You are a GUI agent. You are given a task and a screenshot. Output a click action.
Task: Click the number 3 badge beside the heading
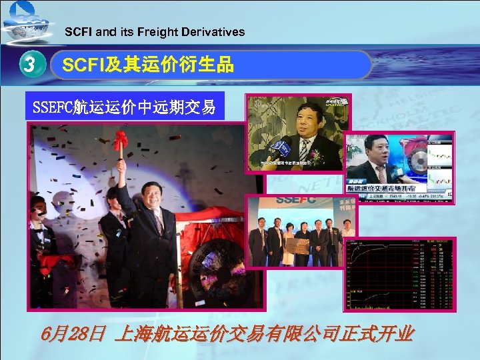pos(27,65)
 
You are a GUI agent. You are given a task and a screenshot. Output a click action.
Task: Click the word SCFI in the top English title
pos(79,31)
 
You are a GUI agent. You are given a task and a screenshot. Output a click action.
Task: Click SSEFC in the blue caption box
pos(53,106)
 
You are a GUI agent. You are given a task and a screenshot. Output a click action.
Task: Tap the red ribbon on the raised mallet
pos(121,141)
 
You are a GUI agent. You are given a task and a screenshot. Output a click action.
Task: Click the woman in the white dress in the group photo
pos(287,247)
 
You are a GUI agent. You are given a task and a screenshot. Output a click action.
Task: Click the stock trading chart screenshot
pos(399,274)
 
